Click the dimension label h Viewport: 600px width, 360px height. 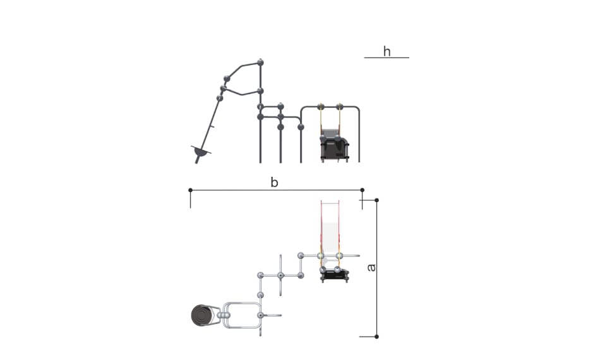[x=387, y=51]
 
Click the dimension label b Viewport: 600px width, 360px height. [x=274, y=182]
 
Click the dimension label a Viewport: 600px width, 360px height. [x=371, y=267]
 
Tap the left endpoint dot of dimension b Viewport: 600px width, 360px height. [x=191, y=190]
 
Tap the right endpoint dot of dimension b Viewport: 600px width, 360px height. [x=363, y=190]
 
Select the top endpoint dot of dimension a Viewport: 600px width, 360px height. [x=376, y=200]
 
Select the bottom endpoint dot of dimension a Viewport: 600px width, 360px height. [x=376, y=337]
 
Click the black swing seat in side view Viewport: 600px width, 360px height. [x=335, y=148]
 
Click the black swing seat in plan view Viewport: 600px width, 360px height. [x=335, y=275]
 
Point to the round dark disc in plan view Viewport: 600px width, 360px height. [x=201, y=316]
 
